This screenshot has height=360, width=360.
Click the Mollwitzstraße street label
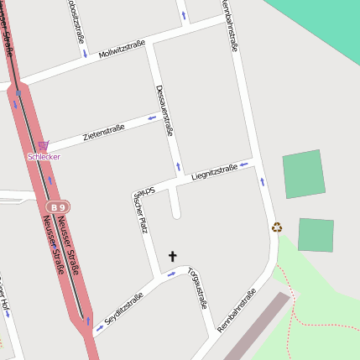pos(122,49)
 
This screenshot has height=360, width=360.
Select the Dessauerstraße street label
pos(164,110)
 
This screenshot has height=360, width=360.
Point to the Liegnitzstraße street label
pos(214,173)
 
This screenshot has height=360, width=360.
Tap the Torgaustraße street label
pos(198,288)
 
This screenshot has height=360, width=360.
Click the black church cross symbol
pos(173,256)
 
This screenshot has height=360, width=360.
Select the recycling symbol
pos(277,227)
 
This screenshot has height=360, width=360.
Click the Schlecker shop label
pos(44,157)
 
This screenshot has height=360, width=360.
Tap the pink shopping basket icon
pos(43,145)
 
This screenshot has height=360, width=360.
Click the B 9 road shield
pos(57,206)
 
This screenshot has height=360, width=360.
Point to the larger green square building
pos(303,175)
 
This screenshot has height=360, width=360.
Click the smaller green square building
pos(316,235)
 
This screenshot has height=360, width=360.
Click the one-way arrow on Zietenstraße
pos(152,117)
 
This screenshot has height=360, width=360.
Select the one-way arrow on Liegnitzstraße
pos(244,163)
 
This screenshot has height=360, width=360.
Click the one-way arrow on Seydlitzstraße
pos(101,328)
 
